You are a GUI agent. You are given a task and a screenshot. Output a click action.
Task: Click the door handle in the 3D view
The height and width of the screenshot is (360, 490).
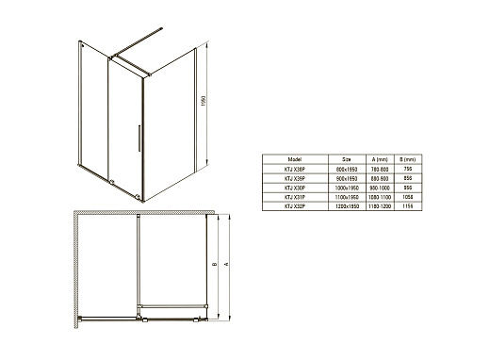click(139, 135)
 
